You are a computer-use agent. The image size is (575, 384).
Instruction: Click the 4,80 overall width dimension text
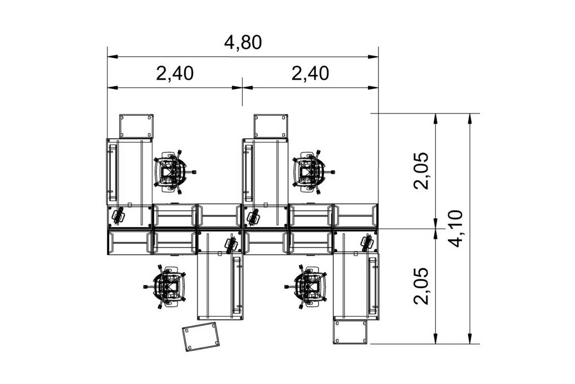(242, 43)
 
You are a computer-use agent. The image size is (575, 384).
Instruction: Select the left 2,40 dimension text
(174, 73)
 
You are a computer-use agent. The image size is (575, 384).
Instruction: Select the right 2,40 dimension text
(309, 73)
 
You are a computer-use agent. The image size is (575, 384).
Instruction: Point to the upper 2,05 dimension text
(421, 170)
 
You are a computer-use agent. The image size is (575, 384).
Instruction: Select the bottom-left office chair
(168, 287)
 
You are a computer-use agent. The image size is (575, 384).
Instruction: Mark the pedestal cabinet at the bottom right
(351, 331)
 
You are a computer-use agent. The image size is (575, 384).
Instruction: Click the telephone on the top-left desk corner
(117, 215)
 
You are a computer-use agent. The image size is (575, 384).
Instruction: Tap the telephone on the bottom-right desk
(367, 242)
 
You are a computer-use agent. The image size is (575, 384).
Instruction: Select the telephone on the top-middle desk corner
(253, 216)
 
